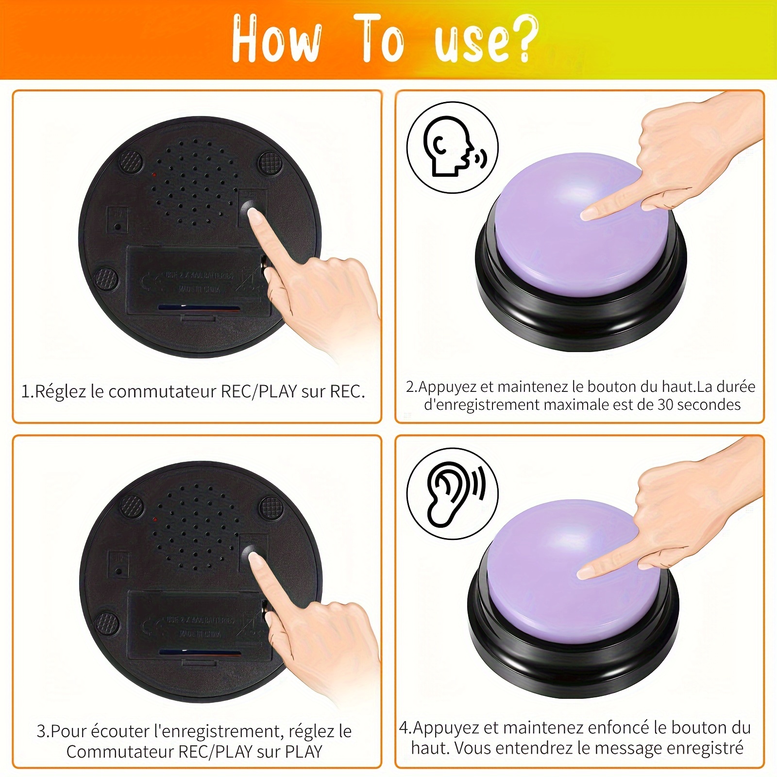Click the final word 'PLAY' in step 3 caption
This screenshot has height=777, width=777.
(304, 752)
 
